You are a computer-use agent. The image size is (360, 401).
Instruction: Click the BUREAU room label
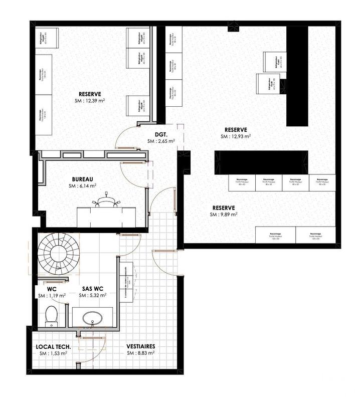[x=83, y=178]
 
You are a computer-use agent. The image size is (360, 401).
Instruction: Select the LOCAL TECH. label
[x=53, y=346]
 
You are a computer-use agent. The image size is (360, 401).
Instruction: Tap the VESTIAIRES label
[x=140, y=346]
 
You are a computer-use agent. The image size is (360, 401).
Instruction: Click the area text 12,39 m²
[x=90, y=100]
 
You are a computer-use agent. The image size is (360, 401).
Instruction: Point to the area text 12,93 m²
[x=237, y=136]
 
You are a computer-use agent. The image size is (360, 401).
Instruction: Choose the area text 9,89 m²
[x=224, y=215]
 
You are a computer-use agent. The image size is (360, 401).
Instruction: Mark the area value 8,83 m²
[x=140, y=353]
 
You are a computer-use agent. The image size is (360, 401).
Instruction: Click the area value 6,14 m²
[x=83, y=185]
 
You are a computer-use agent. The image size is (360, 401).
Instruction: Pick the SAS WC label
[x=93, y=289]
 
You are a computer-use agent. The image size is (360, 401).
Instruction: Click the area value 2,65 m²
[x=161, y=142]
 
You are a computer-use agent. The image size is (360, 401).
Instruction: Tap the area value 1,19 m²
[x=52, y=296]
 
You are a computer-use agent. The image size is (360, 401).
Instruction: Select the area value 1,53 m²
[x=53, y=353]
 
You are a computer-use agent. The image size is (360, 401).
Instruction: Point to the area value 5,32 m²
[x=93, y=296]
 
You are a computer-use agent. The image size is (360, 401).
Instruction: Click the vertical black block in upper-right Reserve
[x=296, y=75]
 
